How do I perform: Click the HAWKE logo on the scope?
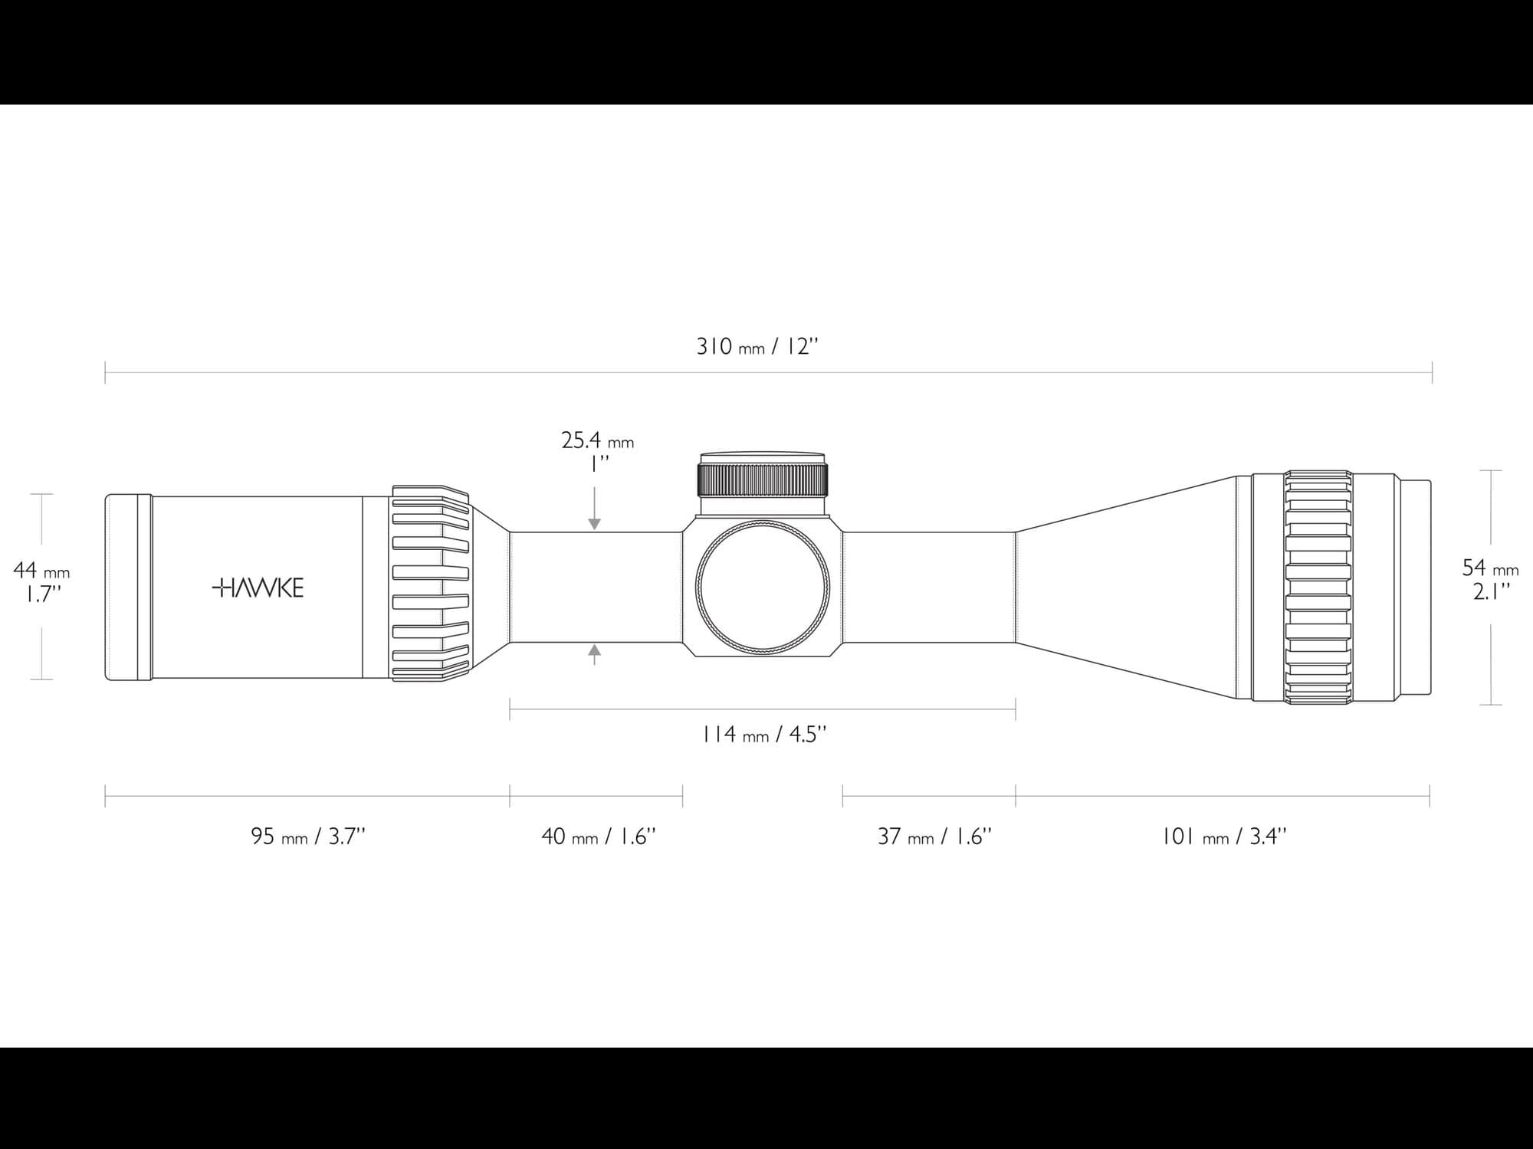click(258, 588)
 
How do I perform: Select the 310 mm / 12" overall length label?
click(757, 346)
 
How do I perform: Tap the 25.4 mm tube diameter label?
click(598, 441)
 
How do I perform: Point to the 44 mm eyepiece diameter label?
click(41, 571)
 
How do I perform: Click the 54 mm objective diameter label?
click(1490, 568)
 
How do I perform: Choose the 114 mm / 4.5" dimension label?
click(764, 735)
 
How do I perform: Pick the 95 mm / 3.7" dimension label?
click(308, 836)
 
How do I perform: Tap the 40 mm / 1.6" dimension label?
click(599, 836)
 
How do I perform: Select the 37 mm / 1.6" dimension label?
click(934, 836)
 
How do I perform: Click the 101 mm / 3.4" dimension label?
click(1224, 836)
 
